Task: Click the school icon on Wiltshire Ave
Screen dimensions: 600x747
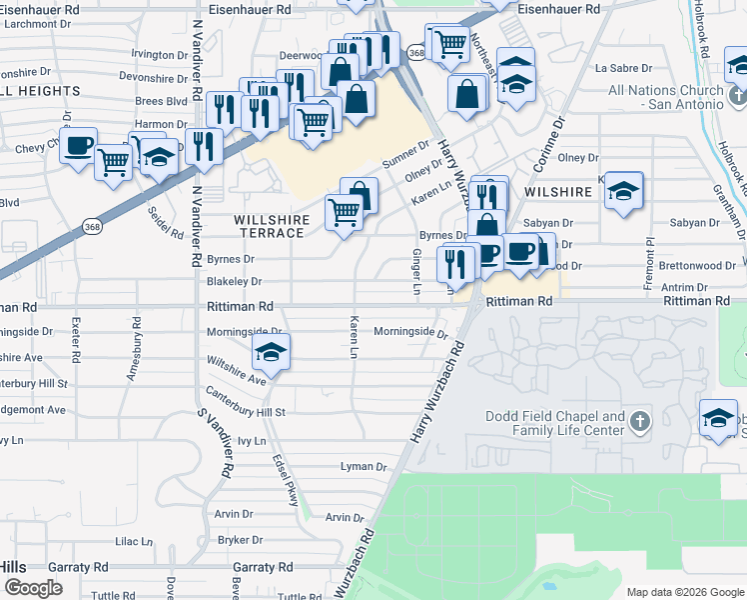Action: click(270, 352)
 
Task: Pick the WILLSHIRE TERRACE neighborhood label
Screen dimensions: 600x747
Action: click(269, 226)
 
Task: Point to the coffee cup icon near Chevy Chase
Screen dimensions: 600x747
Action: click(78, 146)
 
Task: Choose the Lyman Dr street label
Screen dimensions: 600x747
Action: click(364, 467)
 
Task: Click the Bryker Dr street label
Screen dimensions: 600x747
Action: click(240, 540)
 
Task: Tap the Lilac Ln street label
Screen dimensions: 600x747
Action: click(133, 541)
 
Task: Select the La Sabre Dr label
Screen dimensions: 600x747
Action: click(623, 69)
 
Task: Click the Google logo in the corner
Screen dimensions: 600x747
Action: click(33, 587)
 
